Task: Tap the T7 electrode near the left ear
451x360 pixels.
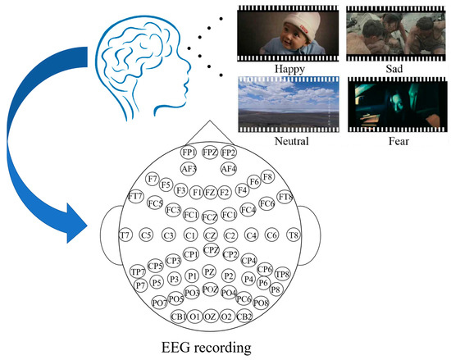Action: coord(125,235)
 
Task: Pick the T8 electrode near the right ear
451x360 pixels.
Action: coord(294,235)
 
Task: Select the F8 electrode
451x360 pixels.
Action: coord(267,177)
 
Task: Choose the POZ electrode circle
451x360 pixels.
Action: coord(210,289)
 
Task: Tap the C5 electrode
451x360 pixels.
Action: coord(147,235)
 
